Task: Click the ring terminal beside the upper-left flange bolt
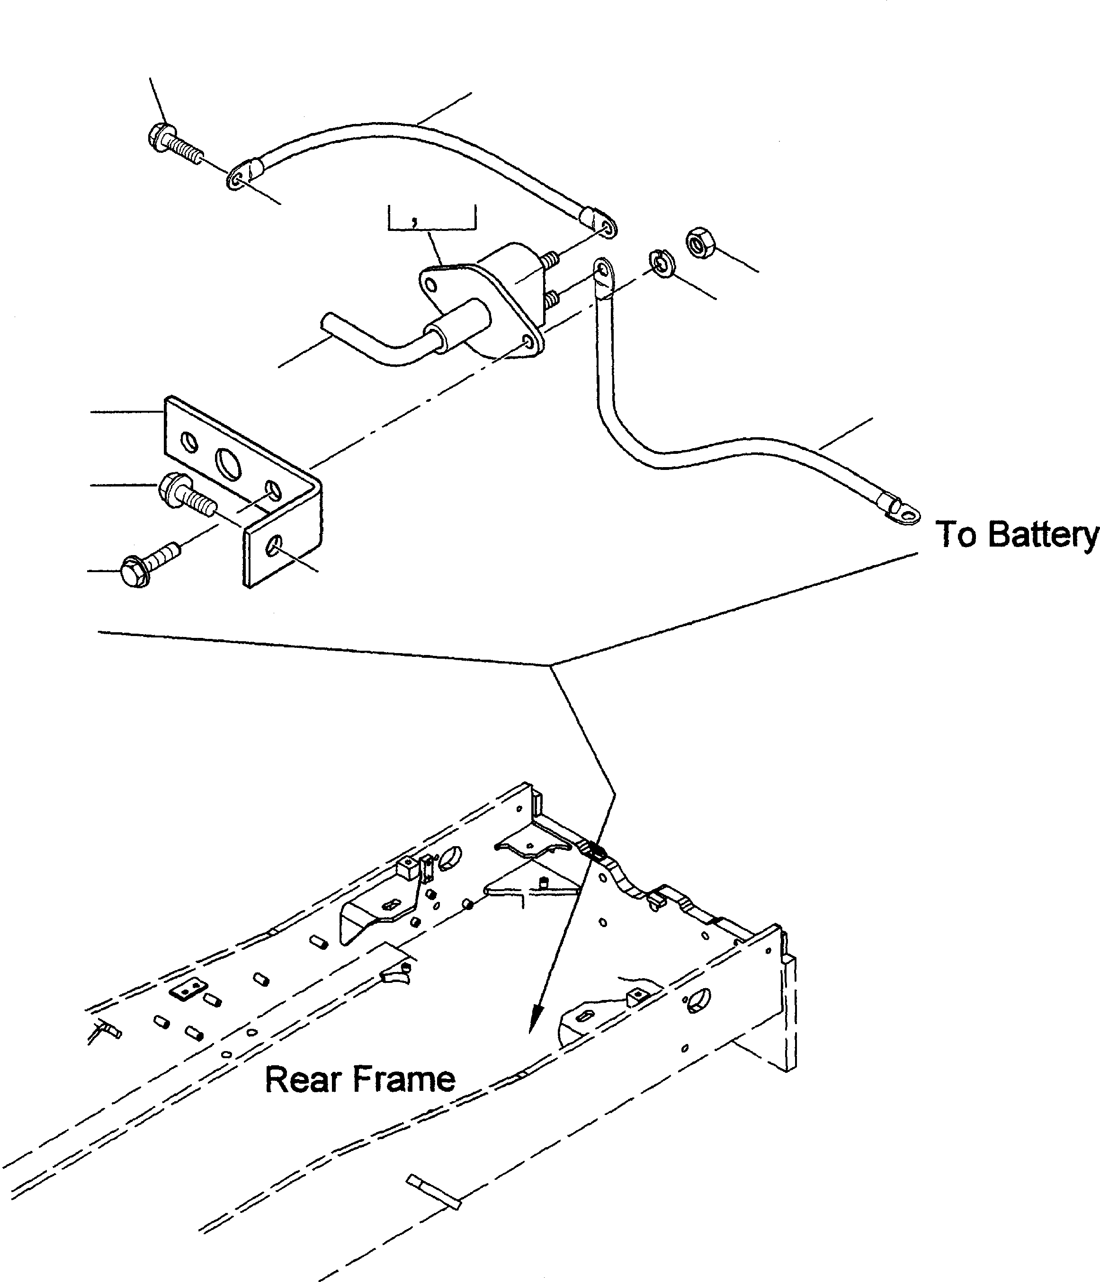(x=238, y=180)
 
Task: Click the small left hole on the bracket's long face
(x=189, y=443)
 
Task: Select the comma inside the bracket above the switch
(x=413, y=221)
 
